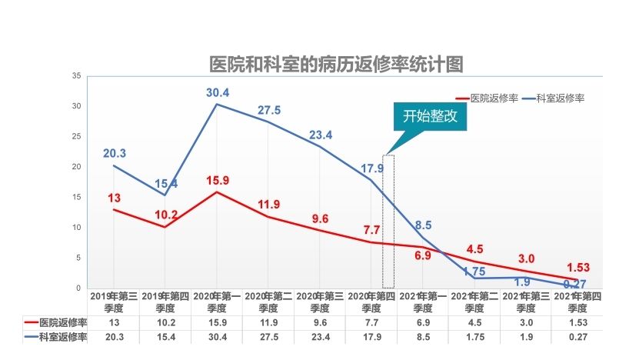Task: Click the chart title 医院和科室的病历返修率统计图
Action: pos(337,64)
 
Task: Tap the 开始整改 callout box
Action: pos(430,117)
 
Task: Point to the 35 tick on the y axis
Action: pos(76,76)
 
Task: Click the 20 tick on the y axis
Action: pos(76,167)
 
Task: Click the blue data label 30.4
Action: pos(218,92)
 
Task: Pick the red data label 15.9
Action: pos(218,182)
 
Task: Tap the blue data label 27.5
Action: pos(268,110)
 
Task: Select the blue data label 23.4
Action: pos(320,135)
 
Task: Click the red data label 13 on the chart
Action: pos(114,198)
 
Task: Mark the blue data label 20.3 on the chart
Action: pos(114,153)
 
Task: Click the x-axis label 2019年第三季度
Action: pos(114,300)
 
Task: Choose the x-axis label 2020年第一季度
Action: pos(218,300)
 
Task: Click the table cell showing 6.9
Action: pos(423,323)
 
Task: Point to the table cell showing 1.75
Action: pos(474,337)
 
